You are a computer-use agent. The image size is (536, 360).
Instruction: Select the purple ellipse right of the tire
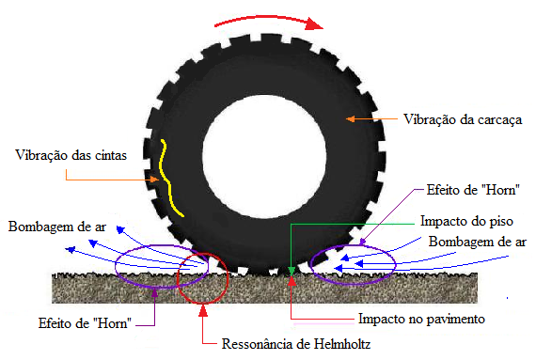point(361,264)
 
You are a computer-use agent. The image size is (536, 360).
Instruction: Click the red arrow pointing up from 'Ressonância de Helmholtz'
point(204,323)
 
